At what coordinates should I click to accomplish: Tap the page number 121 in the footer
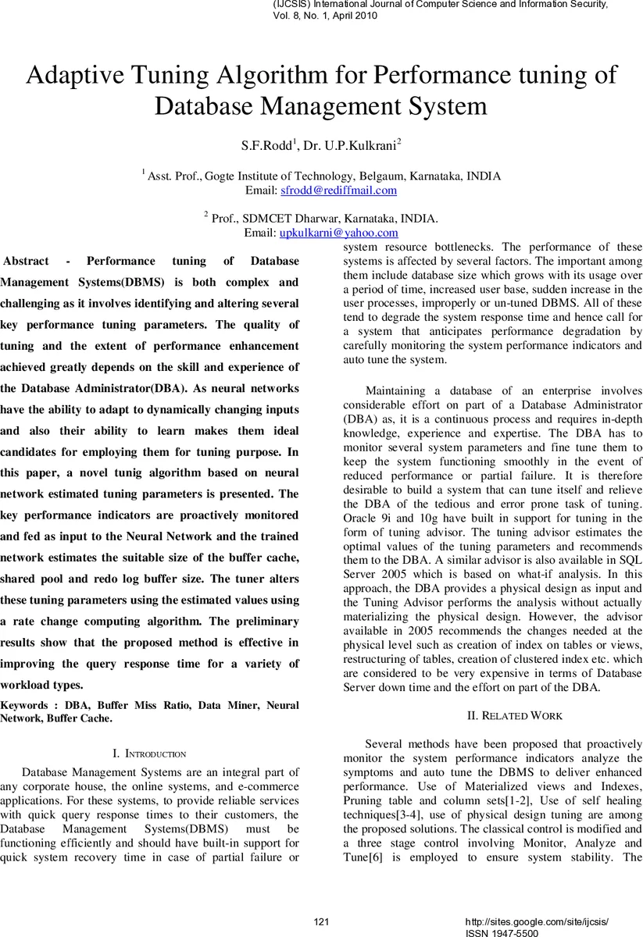click(x=321, y=922)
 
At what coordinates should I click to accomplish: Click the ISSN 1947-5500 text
click(x=502, y=932)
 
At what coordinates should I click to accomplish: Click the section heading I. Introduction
click(x=149, y=754)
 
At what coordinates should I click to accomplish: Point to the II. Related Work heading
click(x=514, y=715)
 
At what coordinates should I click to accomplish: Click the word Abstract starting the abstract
click(x=27, y=261)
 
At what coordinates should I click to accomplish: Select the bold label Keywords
click(x=23, y=705)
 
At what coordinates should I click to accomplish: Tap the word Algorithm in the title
click(x=296, y=76)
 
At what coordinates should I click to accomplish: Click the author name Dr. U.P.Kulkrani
click(x=348, y=145)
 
